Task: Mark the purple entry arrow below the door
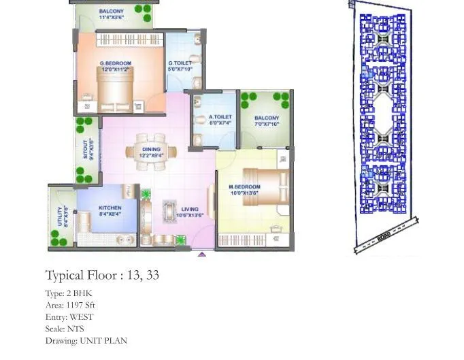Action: pyautogui.click(x=201, y=255)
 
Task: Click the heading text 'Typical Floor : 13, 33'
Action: pyautogui.click(x=102, y=276)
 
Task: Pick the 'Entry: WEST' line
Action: pyautogui.click(x=69, y=317)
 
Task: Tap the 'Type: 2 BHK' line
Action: pyautogui.click(x=69, y=294)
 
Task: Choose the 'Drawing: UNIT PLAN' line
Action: pyautogui.click(x=86, y=340)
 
